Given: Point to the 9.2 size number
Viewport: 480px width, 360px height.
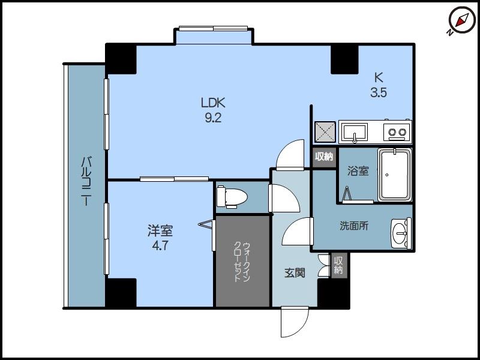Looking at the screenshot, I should tap(213, 118).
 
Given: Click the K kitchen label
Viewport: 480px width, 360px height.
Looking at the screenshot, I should tap(378, 77).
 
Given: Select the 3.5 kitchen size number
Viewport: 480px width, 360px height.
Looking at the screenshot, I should tap(378, 92).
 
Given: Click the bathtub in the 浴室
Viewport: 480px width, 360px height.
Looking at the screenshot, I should tap(394, 175).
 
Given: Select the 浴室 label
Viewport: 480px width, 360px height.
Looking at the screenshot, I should tap(358, 171).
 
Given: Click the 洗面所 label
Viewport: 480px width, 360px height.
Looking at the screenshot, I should tap(354, 226).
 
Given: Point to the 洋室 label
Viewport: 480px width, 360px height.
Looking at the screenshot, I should tap(161, 230).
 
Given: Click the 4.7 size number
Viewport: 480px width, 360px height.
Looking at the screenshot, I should tap(161, 245).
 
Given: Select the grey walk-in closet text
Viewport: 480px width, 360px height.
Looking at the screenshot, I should tap(242, 262).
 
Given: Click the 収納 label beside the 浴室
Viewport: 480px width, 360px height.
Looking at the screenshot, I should tap(324, 157).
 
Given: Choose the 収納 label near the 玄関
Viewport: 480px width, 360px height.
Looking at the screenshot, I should tap(339, 265).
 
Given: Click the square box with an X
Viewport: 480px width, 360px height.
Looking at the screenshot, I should tap(325, 131).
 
